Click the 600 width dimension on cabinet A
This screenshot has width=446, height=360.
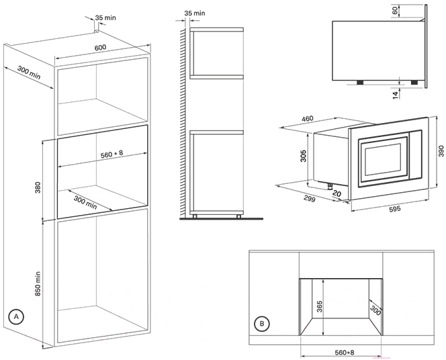click(x=100, y=47)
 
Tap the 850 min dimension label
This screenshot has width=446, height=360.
click(x=38, y=285)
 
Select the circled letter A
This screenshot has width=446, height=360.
click(x=16, y=315)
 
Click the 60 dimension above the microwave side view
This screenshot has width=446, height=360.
click(x=394, y=10)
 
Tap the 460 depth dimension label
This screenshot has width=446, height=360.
click(x=307, y=119)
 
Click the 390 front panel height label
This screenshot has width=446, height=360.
click(x=441, y=152)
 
